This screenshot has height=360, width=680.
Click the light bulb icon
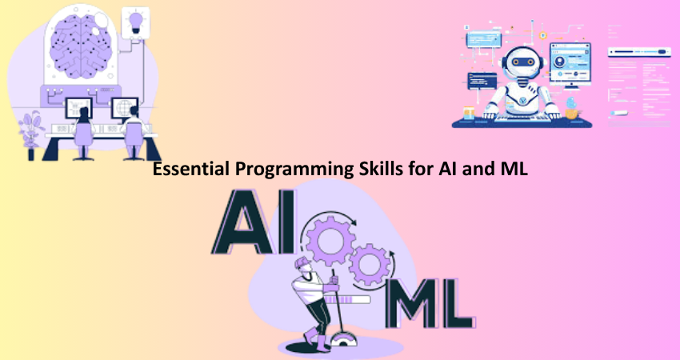[x=136, y=22]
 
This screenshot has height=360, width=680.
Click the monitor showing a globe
[x=124, y=107]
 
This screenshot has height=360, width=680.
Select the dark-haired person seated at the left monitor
[x=83, y=130]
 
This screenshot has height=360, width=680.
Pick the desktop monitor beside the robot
[x=570, y=64]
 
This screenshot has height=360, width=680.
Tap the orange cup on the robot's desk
[x=469, y=114]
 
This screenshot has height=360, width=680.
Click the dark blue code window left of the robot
[x=482, y=81]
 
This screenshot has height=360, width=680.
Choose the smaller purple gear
[x=370, y=264]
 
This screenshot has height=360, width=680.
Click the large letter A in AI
[x=243, y=222]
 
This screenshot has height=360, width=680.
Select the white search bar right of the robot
[x=639, y=52]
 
